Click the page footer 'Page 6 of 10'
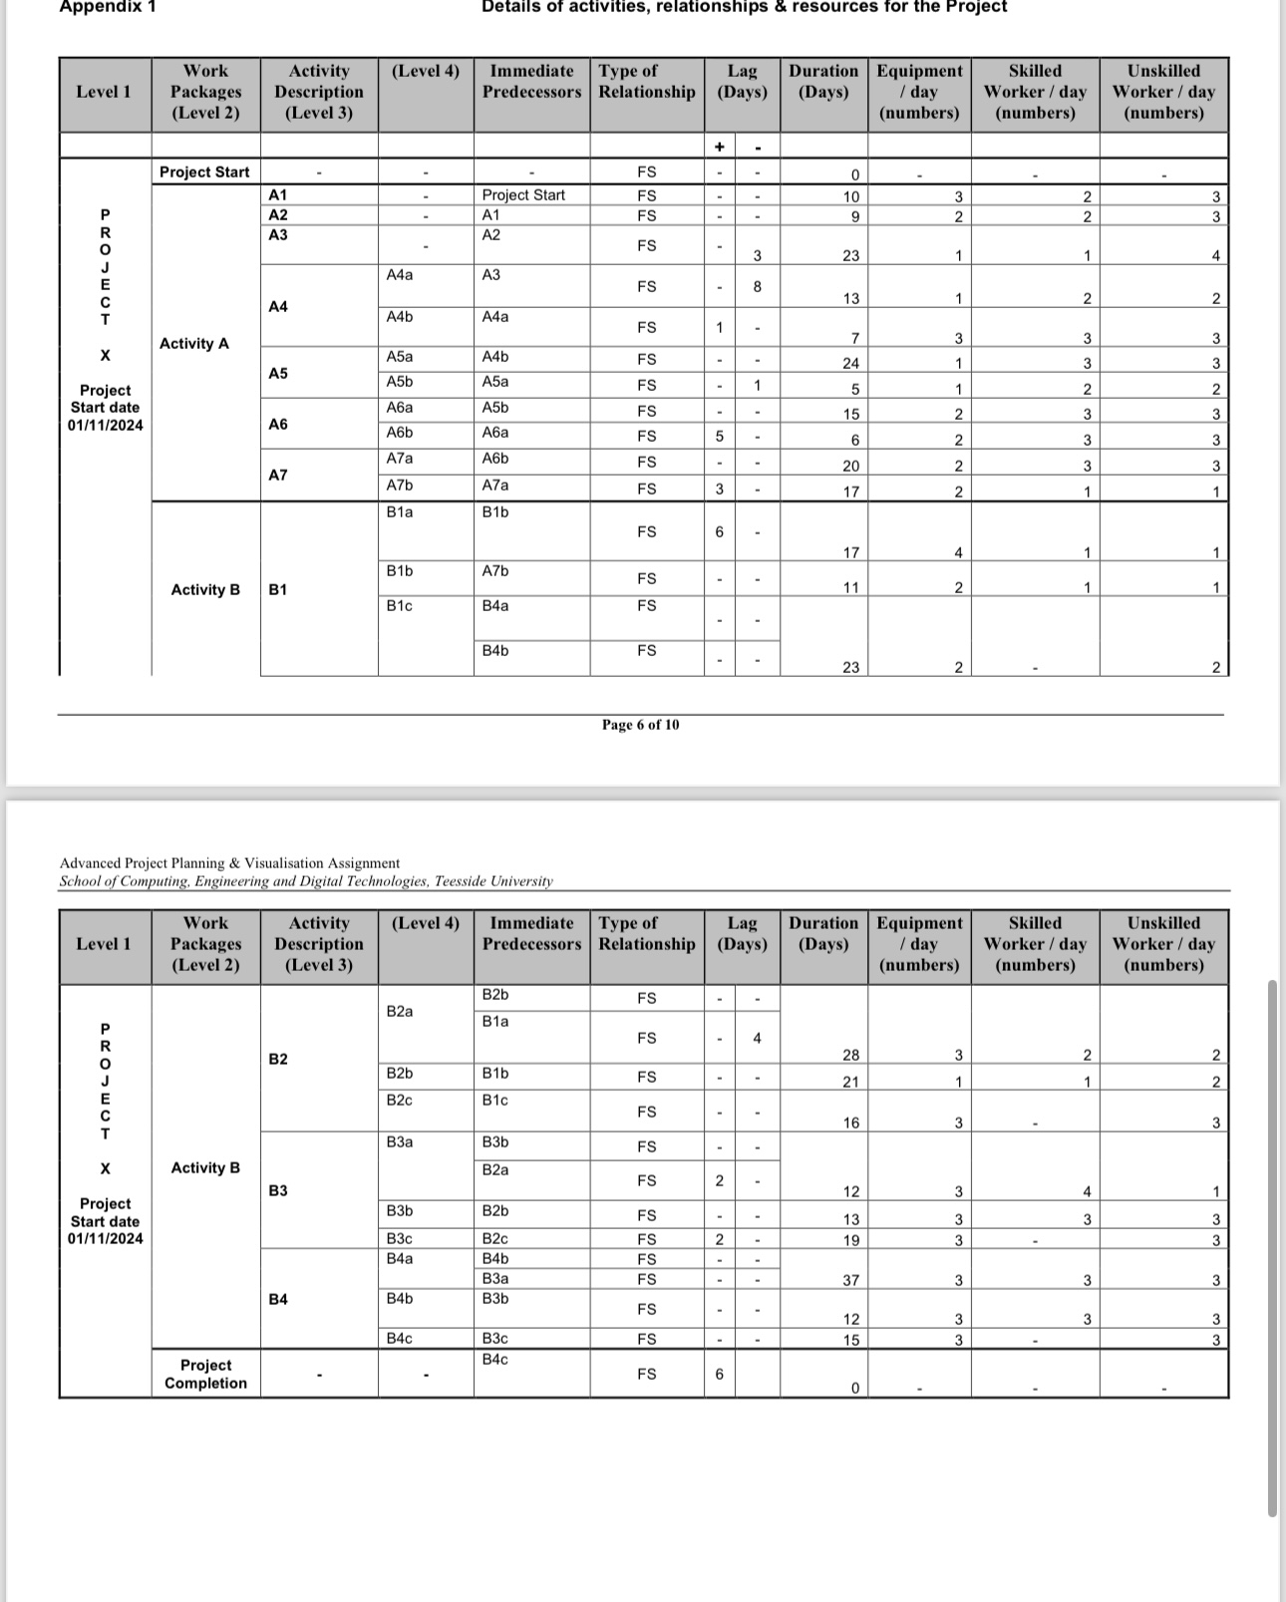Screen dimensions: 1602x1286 (640, 725)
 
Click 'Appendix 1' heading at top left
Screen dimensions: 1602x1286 (108, 7)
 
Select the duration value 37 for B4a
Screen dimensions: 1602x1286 (850, 1280)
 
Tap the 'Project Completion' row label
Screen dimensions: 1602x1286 (205, 1374)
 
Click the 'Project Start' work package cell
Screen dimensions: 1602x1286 (204, 171)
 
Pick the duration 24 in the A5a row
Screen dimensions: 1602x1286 (850, 364)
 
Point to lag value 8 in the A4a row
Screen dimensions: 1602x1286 (757, 287)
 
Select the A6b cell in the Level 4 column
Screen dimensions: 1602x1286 (400, 433)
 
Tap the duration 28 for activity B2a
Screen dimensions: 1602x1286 (850, 1055)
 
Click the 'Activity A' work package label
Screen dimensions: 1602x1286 (194, 344)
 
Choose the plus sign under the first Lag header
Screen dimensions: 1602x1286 (719, 148)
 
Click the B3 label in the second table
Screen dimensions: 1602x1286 (278, 1190)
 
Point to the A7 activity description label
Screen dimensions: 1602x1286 (278, 475)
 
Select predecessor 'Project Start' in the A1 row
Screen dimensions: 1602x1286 (523, 195)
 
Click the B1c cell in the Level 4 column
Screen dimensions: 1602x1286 (400, 606)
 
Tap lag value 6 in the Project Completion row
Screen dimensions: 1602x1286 (719, 1374)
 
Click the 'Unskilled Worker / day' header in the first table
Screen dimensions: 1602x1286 (1163, 92)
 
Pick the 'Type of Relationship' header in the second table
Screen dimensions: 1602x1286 (646, 934)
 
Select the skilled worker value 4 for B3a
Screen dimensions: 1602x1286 (1087, 1191)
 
